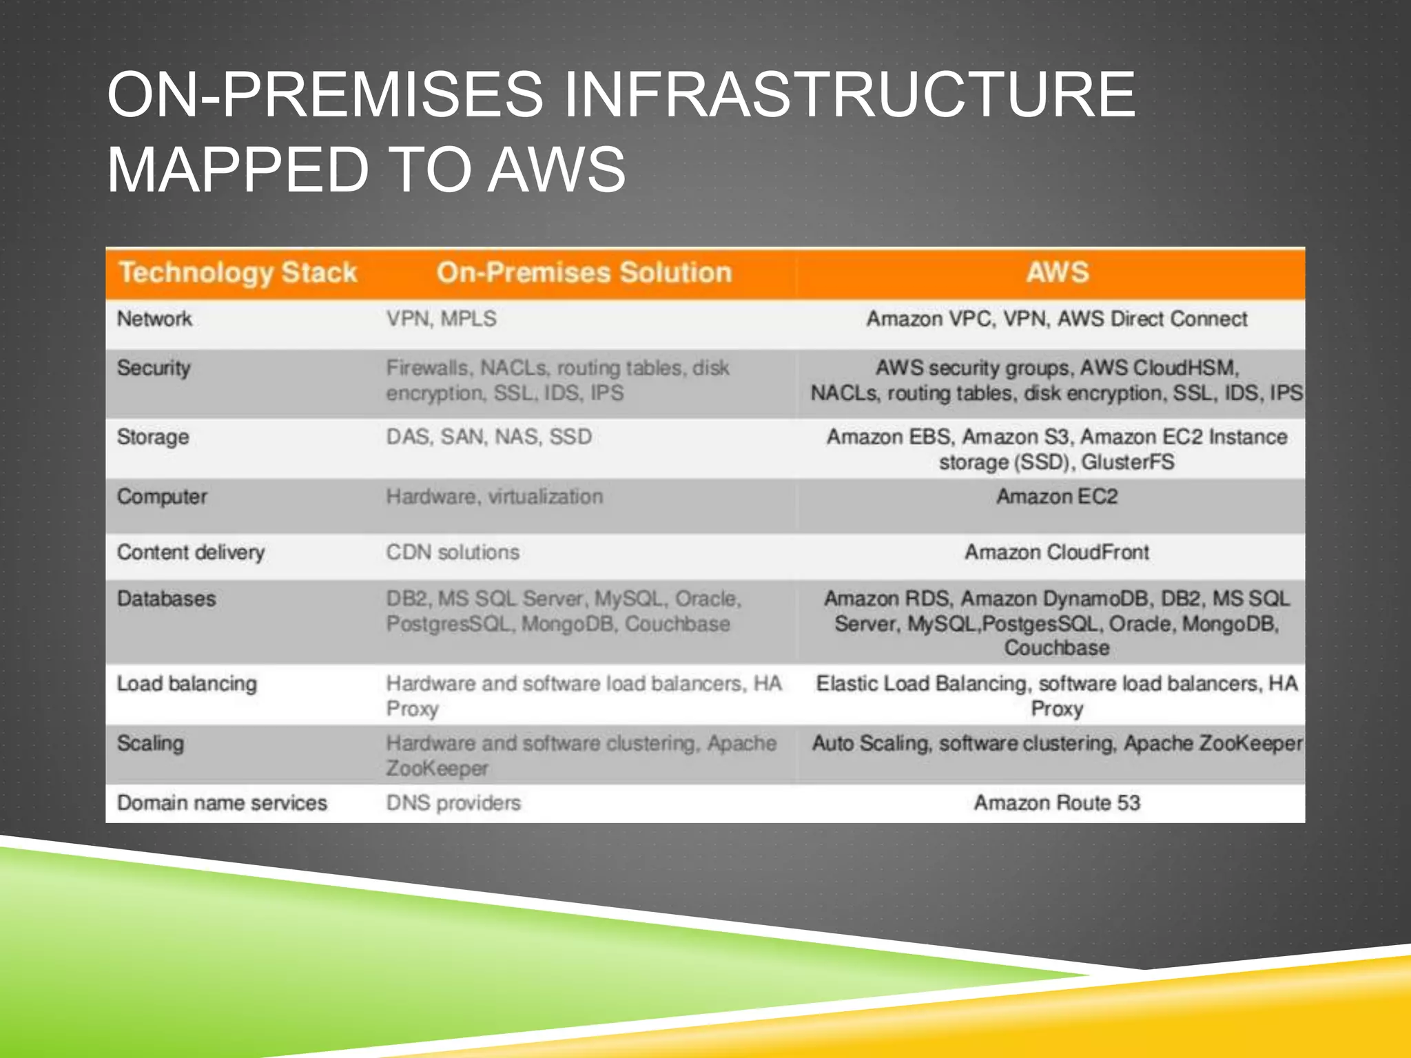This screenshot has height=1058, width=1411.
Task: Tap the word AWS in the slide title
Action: coord(557,169)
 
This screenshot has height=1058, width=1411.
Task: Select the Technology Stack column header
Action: coord(238,273)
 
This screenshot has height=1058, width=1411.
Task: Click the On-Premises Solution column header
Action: coord(584,273)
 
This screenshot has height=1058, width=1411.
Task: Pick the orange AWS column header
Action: coord(1057,273)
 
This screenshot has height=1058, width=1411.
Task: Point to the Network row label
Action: coord(154,319)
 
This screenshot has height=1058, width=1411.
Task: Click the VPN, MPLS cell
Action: coord(441,319)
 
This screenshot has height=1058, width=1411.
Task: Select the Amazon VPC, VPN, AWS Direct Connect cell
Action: coord(1056,319)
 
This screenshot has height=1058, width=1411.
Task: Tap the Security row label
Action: coord(153,368)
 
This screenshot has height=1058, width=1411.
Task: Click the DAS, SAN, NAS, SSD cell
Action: coord(488,437)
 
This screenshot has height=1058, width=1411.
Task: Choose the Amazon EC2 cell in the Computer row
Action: coord(1056,497)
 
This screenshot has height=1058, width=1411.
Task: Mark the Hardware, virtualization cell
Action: coord(494,497)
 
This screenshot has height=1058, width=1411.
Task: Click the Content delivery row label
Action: coord(190,552)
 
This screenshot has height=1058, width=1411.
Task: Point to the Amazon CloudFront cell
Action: coord(1056,552)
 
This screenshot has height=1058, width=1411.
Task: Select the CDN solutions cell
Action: coord(453,552)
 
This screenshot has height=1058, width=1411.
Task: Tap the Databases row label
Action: coord(166,599)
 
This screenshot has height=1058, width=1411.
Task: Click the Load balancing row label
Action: coord(187,684)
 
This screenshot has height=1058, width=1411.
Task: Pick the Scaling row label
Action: coord(150,743)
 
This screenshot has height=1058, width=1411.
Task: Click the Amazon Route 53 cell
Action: coord(1056,803)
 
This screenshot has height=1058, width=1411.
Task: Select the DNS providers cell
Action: coord(453,803)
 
